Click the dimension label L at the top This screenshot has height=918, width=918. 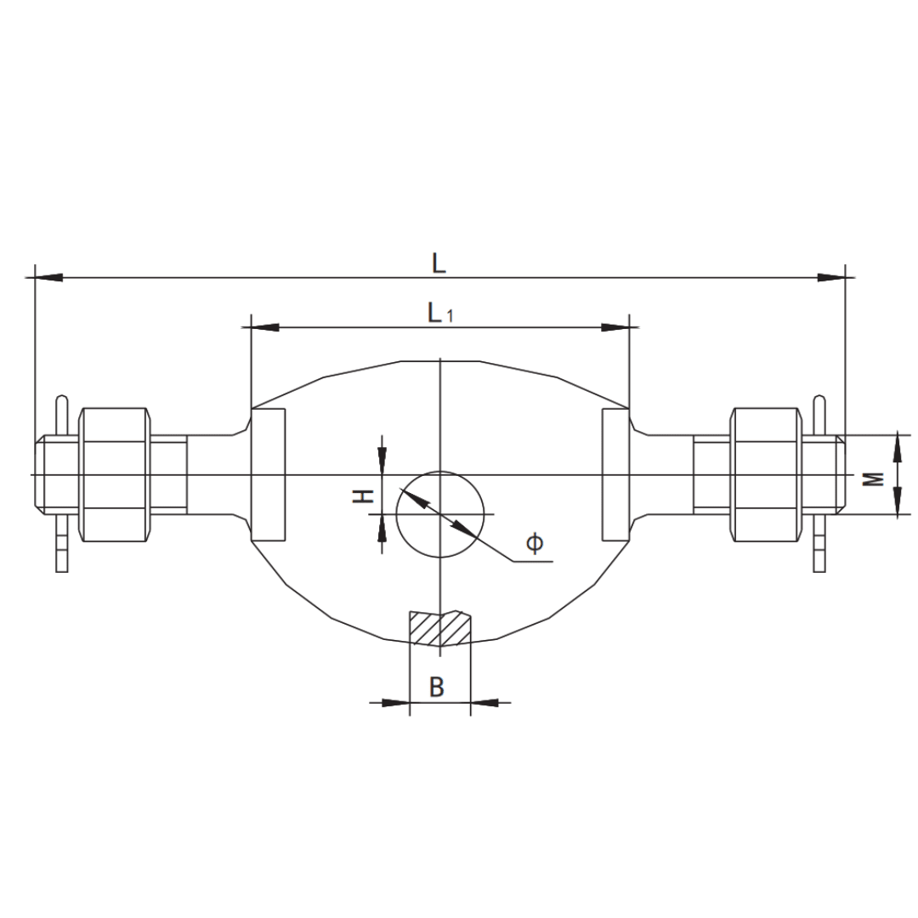point(439,263)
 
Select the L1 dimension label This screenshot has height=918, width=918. point(440,313)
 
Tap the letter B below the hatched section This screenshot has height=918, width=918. point(437,686)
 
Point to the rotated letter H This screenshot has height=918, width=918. point(363,496)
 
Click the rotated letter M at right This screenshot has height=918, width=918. point(874,479)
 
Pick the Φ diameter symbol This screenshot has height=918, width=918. point(535,542)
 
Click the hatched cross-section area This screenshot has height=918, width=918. point(440,628)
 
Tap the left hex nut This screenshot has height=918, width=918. point(114,475)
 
